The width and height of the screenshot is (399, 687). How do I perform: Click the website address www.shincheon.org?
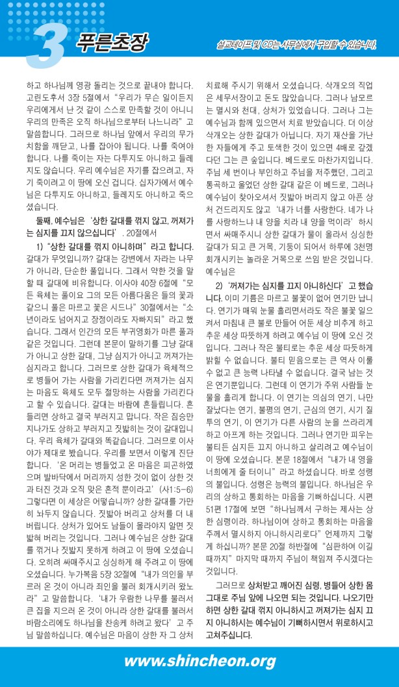coord(199,662)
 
